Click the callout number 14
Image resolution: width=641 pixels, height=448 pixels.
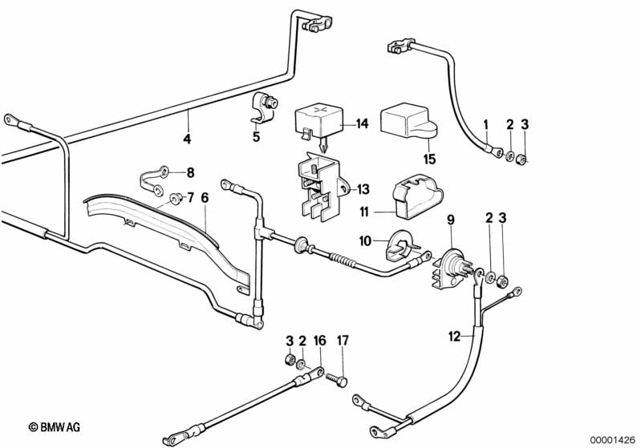[361, 123]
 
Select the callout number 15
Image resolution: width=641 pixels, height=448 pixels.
[429, 159]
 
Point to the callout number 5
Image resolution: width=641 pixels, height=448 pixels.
[256, 137]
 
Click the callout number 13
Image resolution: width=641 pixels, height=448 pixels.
[363, 189]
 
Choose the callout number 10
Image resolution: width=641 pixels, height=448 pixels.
[365, 240]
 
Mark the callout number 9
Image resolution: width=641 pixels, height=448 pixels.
[450, 219]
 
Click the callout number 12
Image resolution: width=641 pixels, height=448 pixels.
[455, 337]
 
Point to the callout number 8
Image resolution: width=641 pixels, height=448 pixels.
[190, 172]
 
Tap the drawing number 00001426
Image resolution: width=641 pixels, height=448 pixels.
[615, 437]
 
